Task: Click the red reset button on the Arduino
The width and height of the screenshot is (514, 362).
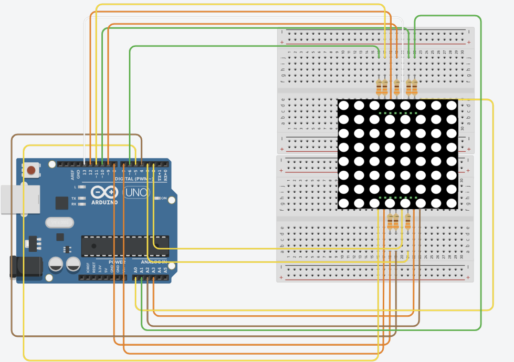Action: (32, 170)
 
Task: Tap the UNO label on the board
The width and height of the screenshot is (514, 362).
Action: (137, 193)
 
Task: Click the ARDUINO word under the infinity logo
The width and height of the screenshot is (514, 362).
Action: (105, 202)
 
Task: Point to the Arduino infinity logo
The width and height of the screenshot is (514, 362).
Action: (105, 192)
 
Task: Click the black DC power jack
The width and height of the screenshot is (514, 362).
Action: (26, 266)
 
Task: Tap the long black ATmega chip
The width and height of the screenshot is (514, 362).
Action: (124, 246)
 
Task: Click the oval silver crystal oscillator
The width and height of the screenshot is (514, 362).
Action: (59, 223)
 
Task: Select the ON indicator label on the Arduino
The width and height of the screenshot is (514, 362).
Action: (163, 198)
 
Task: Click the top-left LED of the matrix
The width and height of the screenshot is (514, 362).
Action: (344, 106)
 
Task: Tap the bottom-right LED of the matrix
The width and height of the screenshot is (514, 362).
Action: (452, 203)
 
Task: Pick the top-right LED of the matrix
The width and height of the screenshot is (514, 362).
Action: (452, 106)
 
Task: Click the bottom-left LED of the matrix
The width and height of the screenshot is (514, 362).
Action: (344, 203)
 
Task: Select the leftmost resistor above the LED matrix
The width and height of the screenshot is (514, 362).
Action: (379, 87)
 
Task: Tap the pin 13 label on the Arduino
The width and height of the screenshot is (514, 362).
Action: (85, 172)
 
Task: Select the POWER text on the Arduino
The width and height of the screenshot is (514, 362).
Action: (117, 262)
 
